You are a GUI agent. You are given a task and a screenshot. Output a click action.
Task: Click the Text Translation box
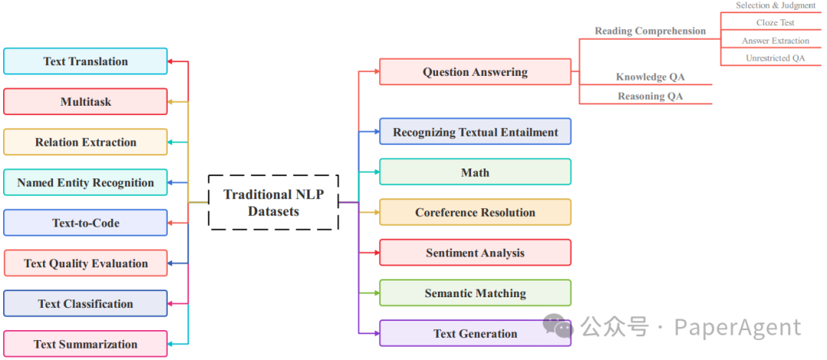85,61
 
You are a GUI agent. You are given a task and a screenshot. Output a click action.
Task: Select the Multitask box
85,102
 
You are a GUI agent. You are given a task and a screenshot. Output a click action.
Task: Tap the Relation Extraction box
85,142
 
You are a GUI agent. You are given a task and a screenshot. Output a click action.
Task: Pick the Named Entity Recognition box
85,182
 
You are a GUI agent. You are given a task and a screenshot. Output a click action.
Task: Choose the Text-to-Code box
85,223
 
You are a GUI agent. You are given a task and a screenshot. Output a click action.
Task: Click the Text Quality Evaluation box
85,263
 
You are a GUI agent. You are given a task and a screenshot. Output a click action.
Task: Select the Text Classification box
85,303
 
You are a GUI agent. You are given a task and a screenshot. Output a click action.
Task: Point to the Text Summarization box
85,344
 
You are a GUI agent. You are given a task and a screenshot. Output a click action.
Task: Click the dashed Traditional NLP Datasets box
273,202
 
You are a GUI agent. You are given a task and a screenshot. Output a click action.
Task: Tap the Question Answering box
475,72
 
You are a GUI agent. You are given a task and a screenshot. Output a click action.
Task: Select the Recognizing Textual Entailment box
475,132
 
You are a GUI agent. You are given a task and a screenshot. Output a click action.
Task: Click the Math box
475,172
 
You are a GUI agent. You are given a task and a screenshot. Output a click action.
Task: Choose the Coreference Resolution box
475,212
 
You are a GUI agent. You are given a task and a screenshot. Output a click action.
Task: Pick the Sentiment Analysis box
475,253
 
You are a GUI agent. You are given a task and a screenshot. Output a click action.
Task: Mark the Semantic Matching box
475,293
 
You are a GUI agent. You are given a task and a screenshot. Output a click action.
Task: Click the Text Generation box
475,333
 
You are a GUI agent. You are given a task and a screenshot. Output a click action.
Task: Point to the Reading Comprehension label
650,31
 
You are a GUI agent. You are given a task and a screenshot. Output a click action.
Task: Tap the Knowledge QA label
650,77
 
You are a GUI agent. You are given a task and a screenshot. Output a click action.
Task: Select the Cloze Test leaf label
775,23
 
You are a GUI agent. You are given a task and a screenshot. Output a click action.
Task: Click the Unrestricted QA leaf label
775,58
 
